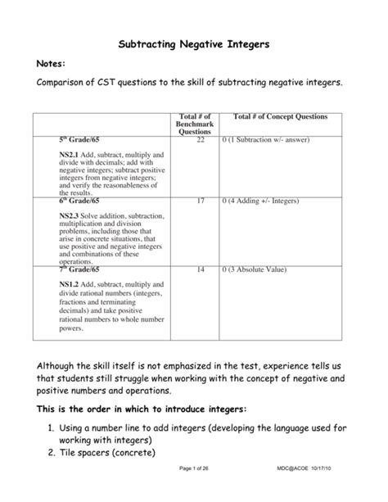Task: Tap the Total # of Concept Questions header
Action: click(x=279, y=118)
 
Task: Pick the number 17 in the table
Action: click(x=201, y=200)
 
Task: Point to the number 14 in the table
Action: click(x=201, y=269)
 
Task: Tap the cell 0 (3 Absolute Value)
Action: click(x=261, y=269)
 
